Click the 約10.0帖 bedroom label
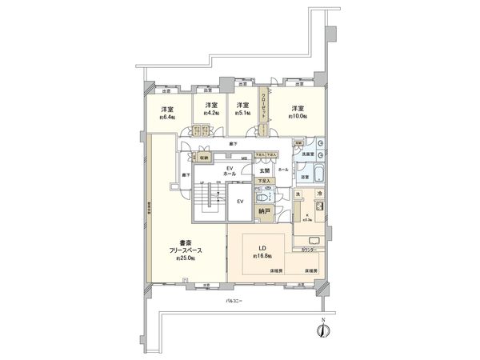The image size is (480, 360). tap(298, 113)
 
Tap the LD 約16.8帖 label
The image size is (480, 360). tap(263, 251)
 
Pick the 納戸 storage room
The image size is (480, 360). tap(264, 212)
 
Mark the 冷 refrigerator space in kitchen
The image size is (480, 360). tap(317, 195)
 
